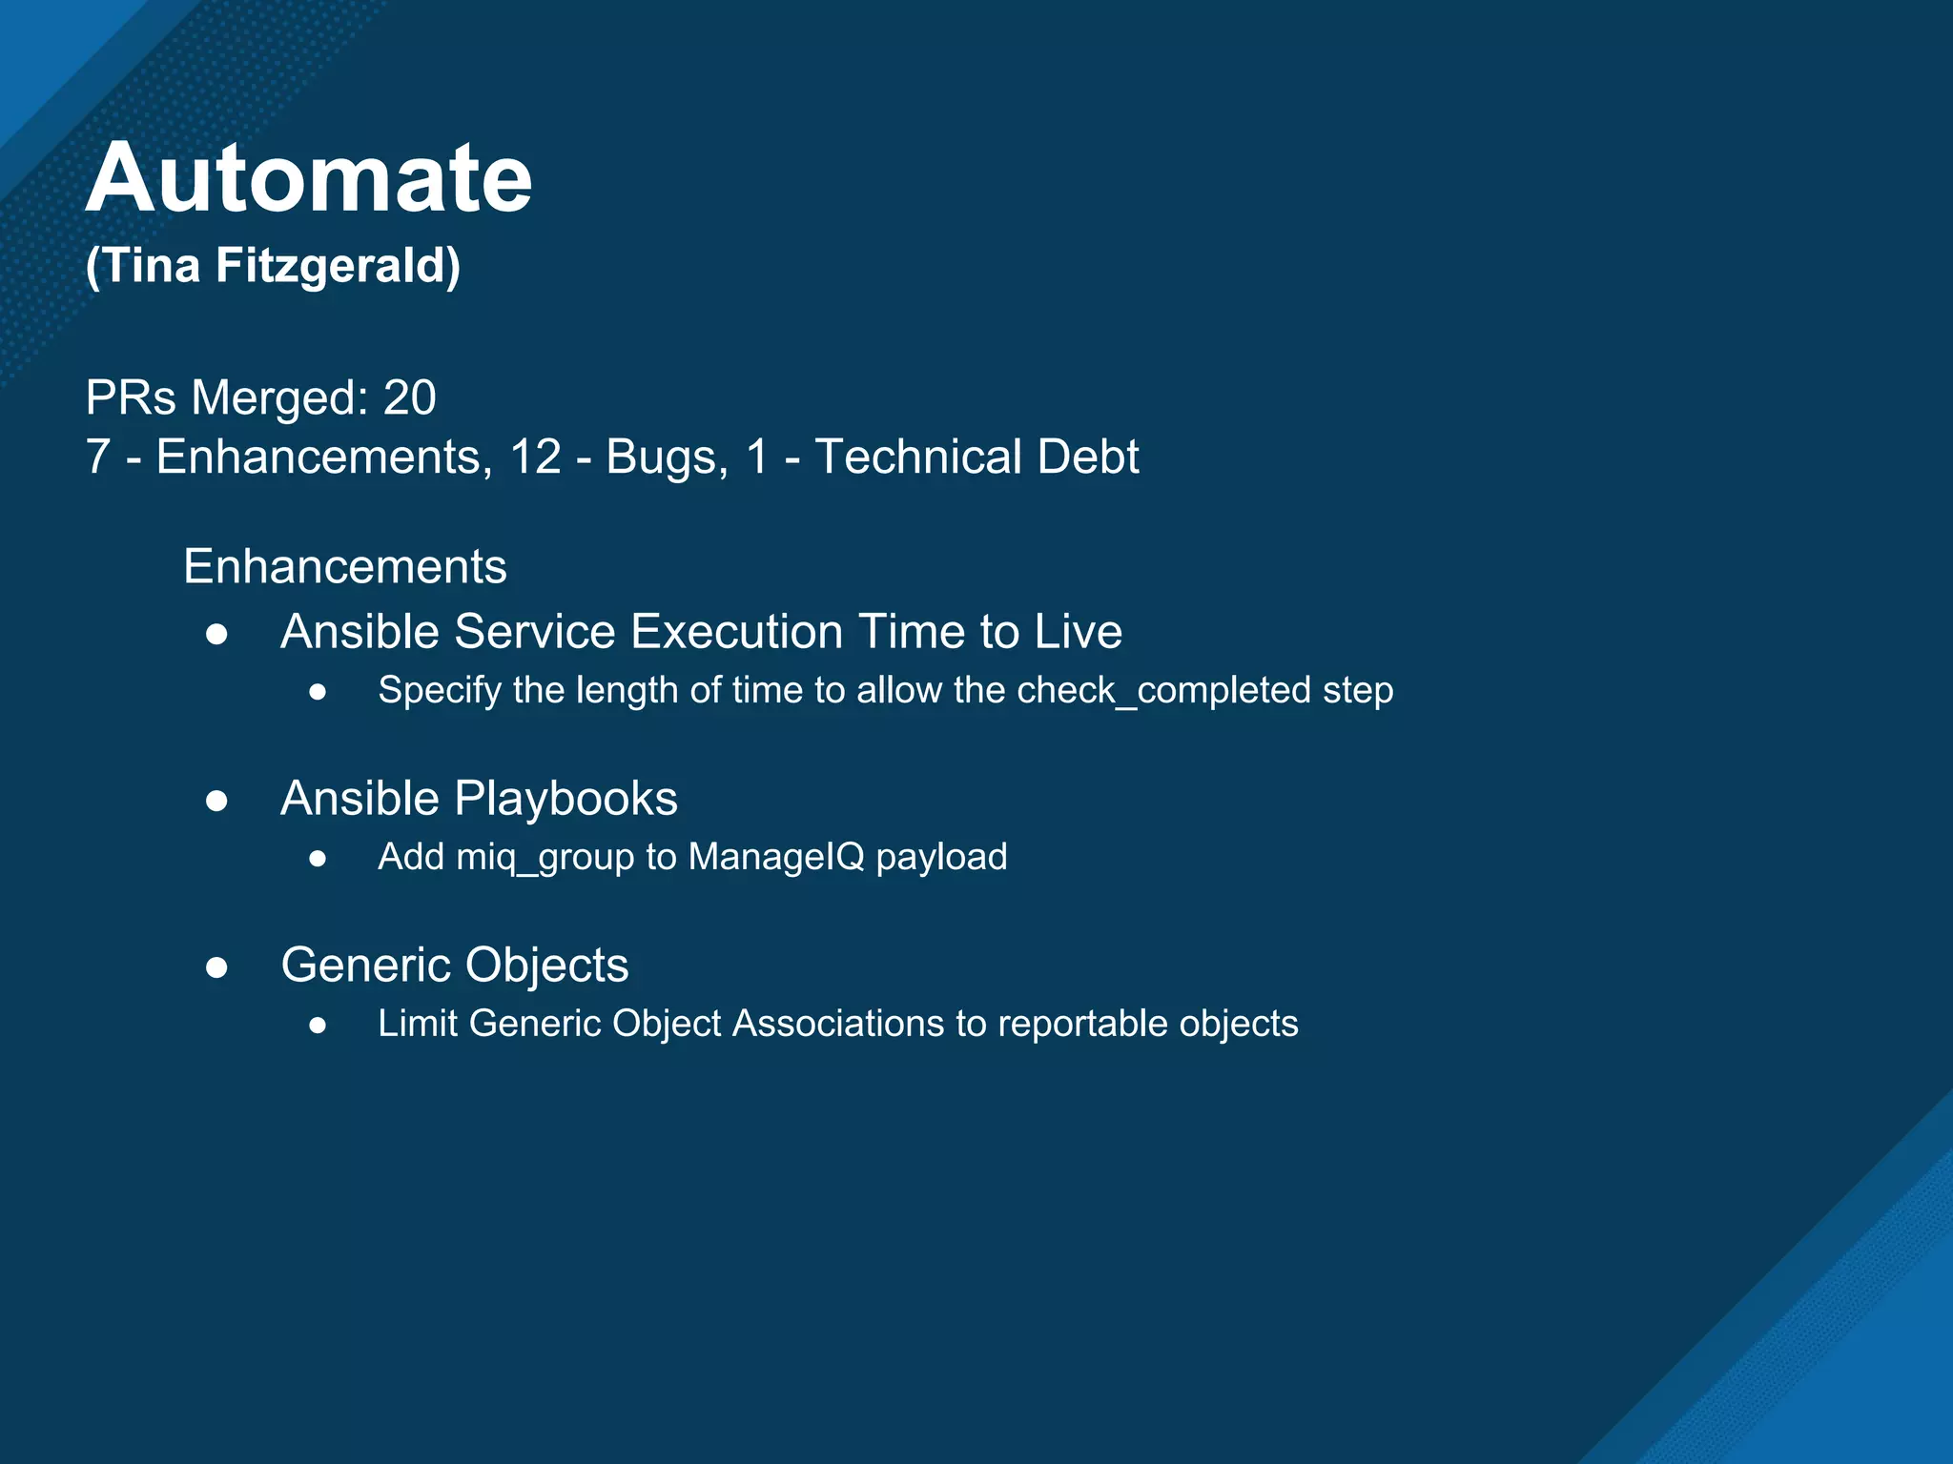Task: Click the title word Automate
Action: click(x=308, y=178)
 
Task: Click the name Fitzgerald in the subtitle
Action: click(x=338, y=265)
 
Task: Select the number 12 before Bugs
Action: click(x=535, y=457)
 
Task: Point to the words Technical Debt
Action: click(x=976, y=457)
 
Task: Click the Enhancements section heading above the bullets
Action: click(x=344, y=566)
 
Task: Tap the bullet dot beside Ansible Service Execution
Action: click(x=216, y=634)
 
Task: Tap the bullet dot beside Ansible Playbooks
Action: click(x=216, y=801)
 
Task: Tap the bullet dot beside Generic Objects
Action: click(x=216, y=967)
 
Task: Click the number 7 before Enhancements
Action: click(x=97, y=457)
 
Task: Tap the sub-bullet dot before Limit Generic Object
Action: click(x=319, y=1026)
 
